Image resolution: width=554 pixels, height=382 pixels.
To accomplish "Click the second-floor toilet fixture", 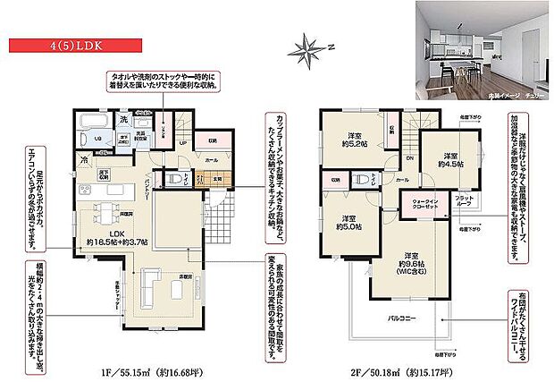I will point(362,180).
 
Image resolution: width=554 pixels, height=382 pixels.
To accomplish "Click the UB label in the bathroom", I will point(88,140).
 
